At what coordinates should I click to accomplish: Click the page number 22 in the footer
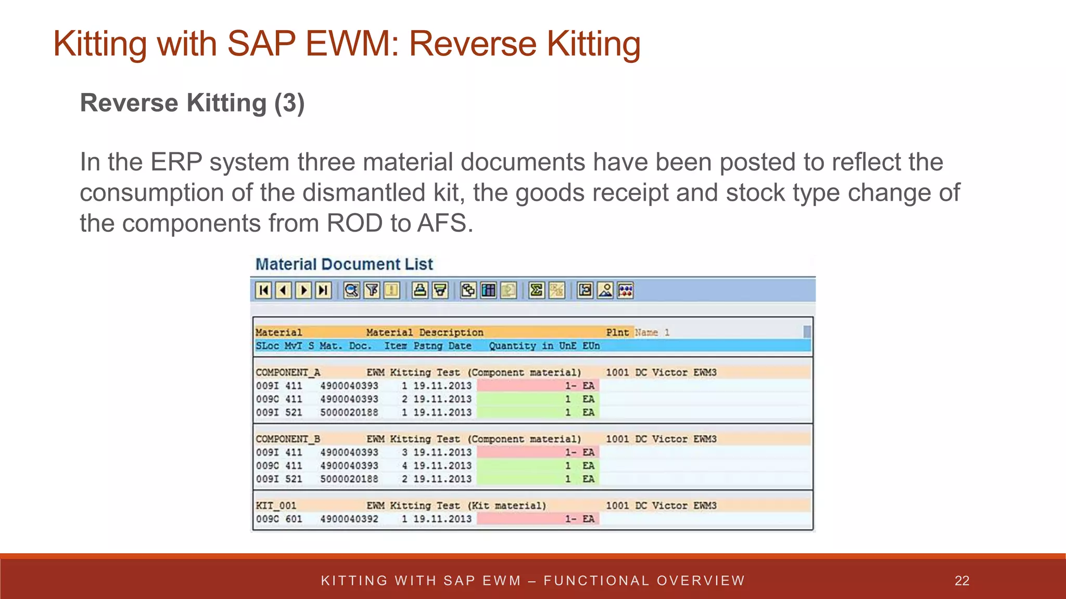pos(962,581)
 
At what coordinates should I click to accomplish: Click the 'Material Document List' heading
pos(344,264)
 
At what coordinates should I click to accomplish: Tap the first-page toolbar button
pos(264,290)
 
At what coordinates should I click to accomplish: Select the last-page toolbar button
pos(323,290)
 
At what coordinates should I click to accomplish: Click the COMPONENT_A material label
pos(288,372)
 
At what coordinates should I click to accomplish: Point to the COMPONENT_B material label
pos(288,439)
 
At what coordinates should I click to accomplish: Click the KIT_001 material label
pos(276,505)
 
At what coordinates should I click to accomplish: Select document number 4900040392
pos(349,519)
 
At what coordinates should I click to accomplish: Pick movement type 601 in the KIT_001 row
pos(294,519)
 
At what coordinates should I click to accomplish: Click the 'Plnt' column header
pos(617,332)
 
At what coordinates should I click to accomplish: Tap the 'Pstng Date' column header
pos(442,346)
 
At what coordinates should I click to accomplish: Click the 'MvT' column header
pos(293,346)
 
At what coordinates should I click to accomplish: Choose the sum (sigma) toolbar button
pos(536,290)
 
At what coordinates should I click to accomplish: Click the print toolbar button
pos(420,290)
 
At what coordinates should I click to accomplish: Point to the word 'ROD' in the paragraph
pos(354,223)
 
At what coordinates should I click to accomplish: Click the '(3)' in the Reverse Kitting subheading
pos(289,103)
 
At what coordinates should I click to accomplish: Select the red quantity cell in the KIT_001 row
pos(538,519)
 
